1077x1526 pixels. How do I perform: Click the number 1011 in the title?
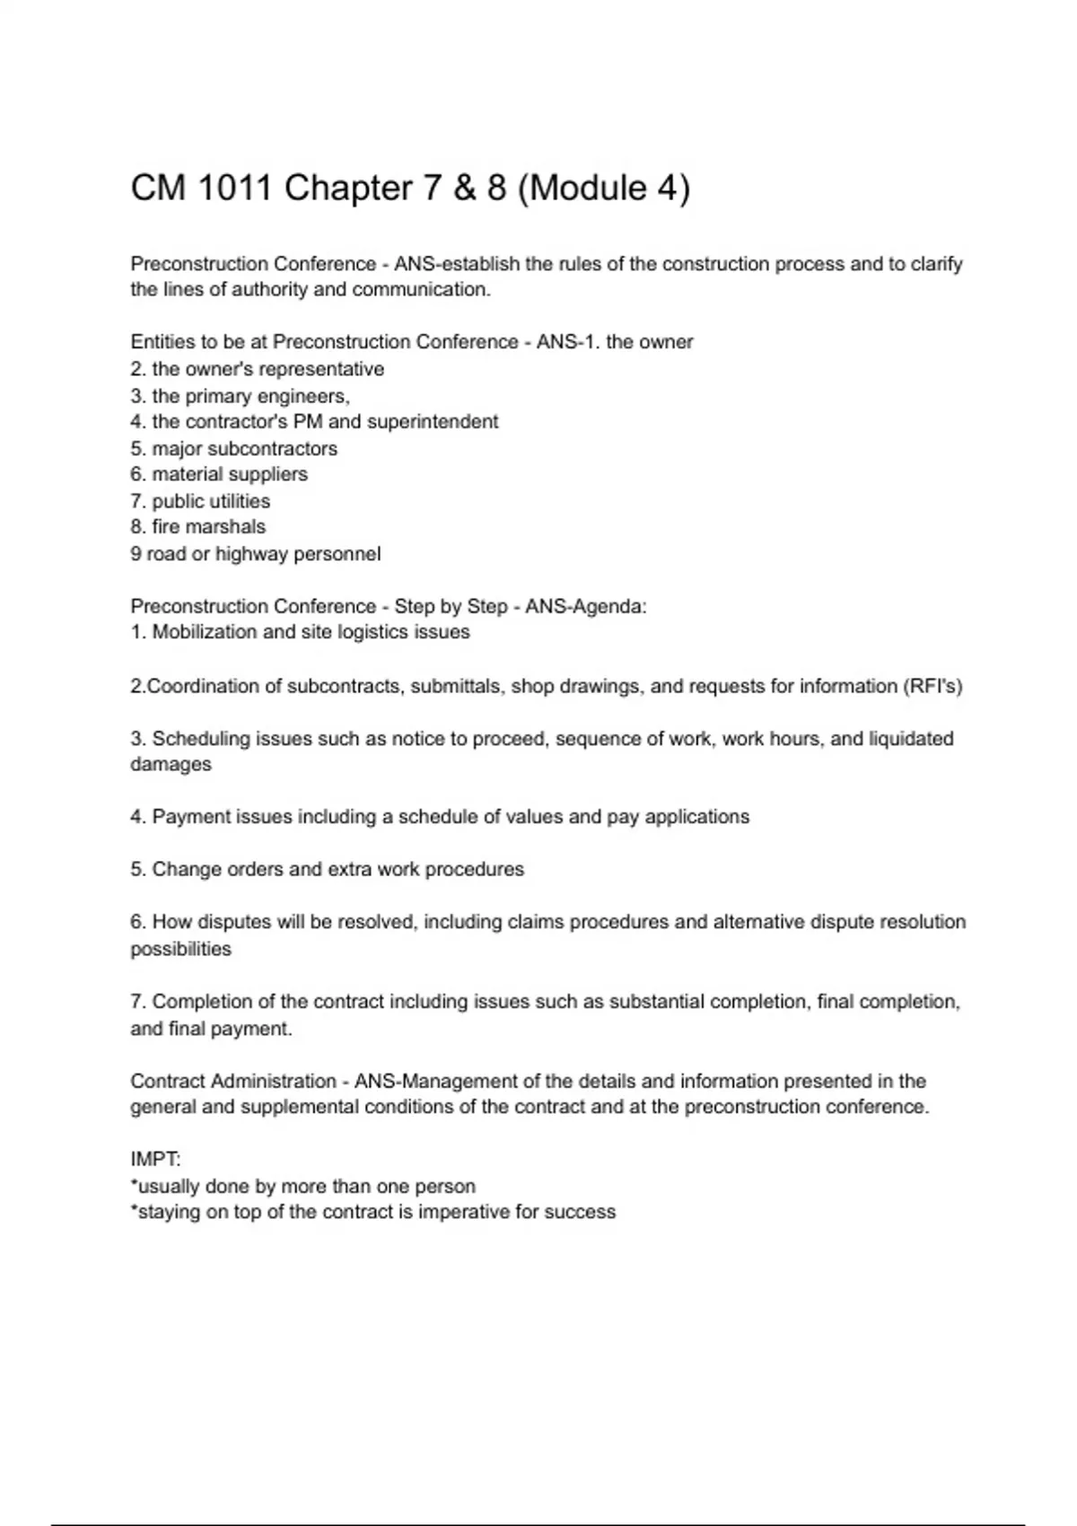tap(232, 189)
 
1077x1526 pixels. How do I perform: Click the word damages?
tap(171, 765)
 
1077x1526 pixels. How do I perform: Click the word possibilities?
tap(180, 949)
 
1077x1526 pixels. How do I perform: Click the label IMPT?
tap(155, 1160)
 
